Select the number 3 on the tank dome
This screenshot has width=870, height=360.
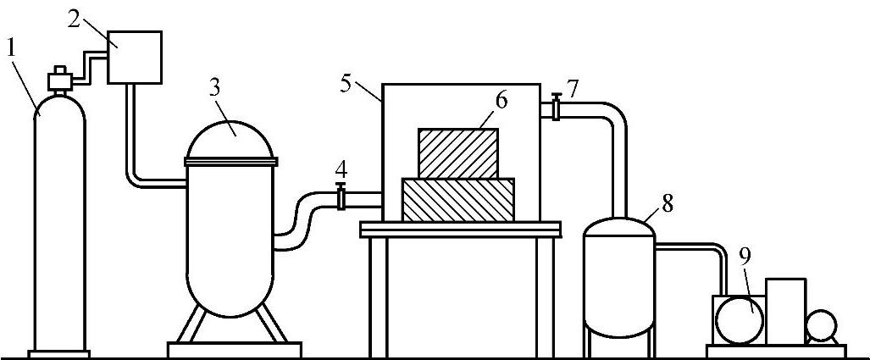point(216,87)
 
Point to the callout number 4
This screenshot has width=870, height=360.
point(341,167)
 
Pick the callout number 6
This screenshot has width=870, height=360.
point(501,100)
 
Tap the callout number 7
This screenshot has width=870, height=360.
point(574,87)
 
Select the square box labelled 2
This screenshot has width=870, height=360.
point(134,57)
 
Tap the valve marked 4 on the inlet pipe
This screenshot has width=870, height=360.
point(341,198)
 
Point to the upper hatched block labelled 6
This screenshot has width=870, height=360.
point(457,152)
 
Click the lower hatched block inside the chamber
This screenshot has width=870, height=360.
point(458,200)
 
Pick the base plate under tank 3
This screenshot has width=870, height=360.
point(234,348)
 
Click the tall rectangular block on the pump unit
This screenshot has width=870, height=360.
point(786,310)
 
